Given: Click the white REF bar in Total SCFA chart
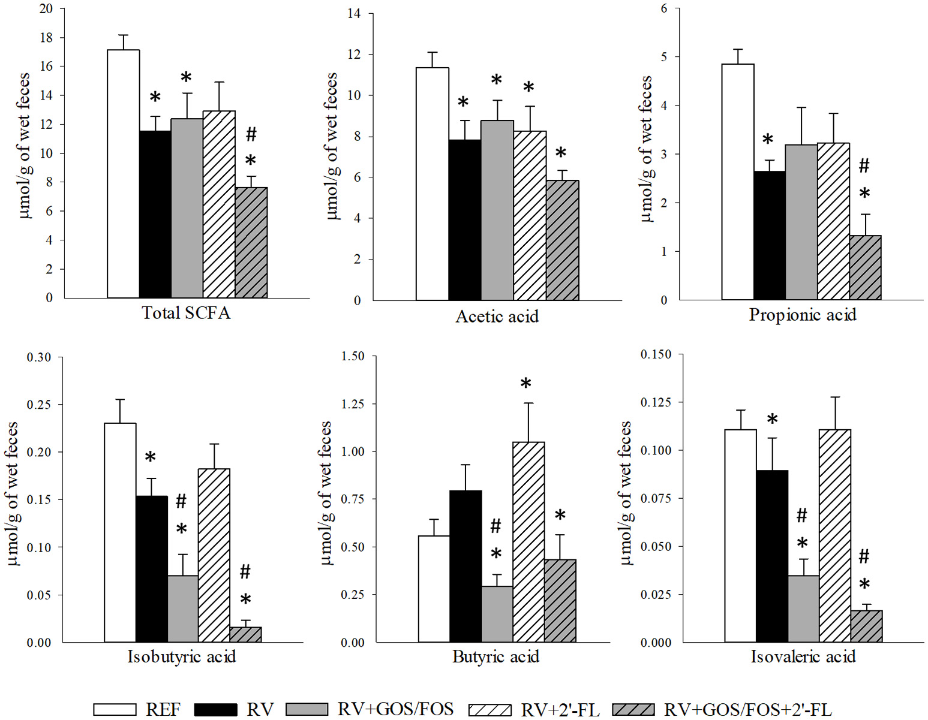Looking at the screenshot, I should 124,174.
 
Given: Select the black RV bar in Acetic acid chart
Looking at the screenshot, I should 464,219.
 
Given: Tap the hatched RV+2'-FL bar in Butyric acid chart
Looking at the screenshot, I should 528,542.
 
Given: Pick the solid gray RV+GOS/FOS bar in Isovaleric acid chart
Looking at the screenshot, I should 803,608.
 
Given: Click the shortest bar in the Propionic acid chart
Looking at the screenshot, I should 865,267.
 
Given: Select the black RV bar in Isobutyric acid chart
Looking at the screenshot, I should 152,569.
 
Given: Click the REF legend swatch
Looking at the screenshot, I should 115,710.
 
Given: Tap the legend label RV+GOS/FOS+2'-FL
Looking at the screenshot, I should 747,710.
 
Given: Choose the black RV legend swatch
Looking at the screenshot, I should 216,710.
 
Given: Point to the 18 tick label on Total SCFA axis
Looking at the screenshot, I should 46,38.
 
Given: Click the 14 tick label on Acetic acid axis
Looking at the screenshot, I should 354,13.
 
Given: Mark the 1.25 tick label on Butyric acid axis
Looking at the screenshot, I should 353,404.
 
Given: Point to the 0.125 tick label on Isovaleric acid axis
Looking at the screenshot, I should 656,402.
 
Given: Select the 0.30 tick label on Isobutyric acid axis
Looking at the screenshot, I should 39,357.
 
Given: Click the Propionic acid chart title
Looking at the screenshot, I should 802,315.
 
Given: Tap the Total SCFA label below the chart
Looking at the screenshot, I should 186,313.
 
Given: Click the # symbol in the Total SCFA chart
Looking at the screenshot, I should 251,134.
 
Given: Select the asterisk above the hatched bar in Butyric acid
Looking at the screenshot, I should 526,384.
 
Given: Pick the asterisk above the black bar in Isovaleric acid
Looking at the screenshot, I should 772,420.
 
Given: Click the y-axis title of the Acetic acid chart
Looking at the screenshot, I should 332,146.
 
